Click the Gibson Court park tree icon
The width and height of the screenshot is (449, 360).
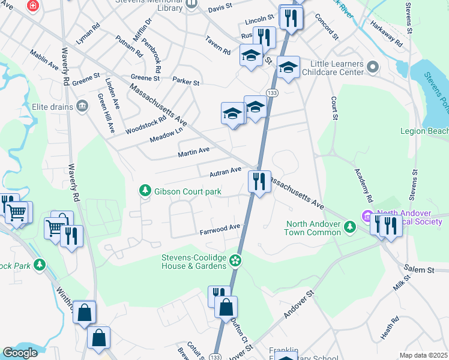click(145, 191)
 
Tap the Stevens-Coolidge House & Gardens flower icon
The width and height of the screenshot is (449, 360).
click(236, 260)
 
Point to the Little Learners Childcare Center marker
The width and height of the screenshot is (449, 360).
click(372, 67)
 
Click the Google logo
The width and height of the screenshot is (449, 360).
click(20, 353)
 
